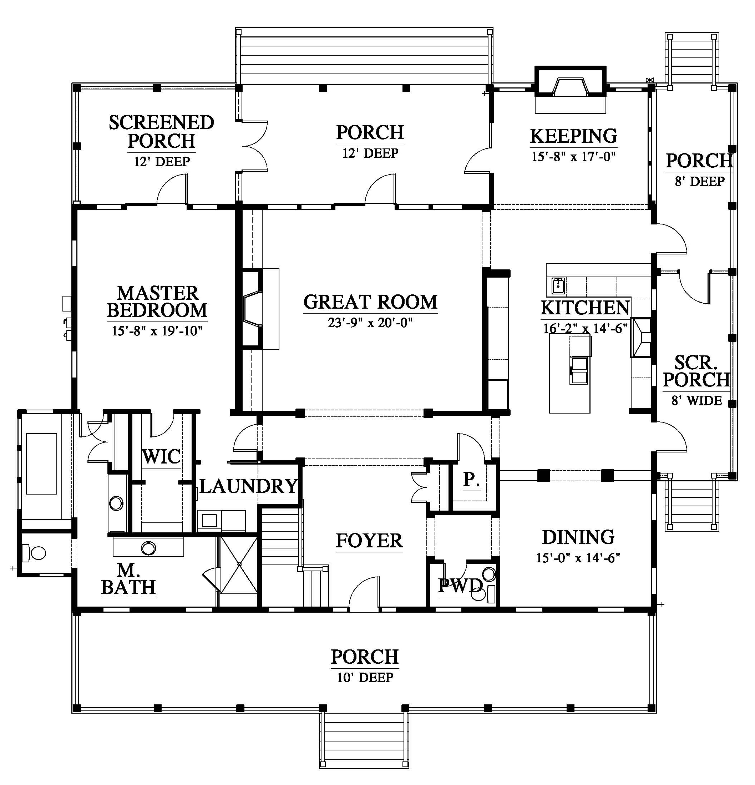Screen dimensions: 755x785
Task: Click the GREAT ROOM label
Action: [370, 302]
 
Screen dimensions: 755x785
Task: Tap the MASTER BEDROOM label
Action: [157, 302]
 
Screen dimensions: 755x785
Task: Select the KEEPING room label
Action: [573, 136]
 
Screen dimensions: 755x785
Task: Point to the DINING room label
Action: [578, 537]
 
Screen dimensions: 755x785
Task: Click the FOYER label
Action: [369, 541]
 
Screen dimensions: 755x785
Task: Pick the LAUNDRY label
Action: [249, 486]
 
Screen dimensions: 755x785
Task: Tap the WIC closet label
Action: [161, 457]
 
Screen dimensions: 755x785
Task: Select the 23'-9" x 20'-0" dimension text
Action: [370, 323]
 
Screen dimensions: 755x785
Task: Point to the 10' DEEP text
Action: [365, 677]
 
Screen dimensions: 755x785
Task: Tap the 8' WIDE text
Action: [696, 400]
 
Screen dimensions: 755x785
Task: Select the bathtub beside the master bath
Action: [42, 464]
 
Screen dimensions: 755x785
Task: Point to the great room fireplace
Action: [252, 309]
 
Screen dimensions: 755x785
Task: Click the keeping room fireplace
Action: [571, 82]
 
